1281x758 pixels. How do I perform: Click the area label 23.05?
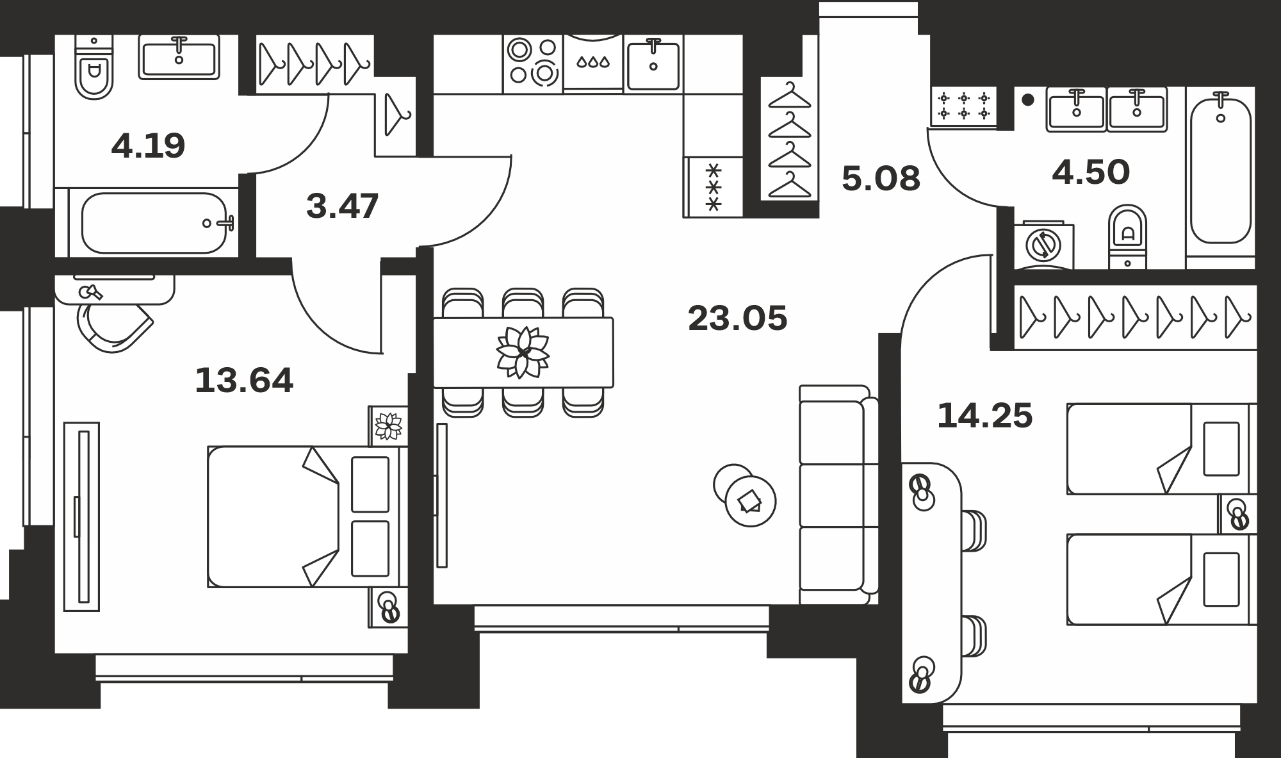click(x=737, y=318)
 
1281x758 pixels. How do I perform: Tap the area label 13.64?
click(x=244, y=381)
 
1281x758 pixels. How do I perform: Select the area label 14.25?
click(x=985, y=416)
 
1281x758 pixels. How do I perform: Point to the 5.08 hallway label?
click(x=881, y=179)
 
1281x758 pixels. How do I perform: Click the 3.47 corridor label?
click(x=343, y=206)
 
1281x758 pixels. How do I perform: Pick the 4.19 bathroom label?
click(x=148, y=145)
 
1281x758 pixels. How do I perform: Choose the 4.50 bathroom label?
click(x=1091, y=173)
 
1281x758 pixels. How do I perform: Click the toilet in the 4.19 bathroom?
click(x=94, y=67)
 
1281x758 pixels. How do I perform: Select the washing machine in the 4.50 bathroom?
click(x=1044, y=245)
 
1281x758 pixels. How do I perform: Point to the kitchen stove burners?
click(x=532, y=62)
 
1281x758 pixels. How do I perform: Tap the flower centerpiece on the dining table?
click(x=523, y=352)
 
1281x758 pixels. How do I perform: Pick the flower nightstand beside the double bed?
click(x=388, y=425)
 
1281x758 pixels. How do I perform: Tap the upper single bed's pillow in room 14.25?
click(x=1221, y=449)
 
